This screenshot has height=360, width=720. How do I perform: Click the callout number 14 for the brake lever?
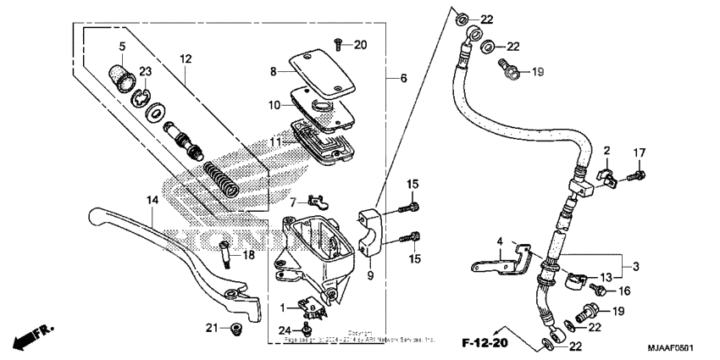[x=152, y=201]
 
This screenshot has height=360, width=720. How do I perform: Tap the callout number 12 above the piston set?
[x=186, y=59]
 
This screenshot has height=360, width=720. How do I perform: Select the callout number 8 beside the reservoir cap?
[x=273, y=73]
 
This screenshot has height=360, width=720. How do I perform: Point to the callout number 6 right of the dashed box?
[x=403, y=78]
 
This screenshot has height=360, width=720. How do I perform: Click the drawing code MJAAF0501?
[x=682, y=346]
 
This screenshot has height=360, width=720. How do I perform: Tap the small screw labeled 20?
[x=338, y=42]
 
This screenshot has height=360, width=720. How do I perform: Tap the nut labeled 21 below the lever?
[x=236, y=328]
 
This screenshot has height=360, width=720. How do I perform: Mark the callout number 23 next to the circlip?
[x=146, y=71]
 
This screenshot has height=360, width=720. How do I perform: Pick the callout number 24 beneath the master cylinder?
[x=285, y=330]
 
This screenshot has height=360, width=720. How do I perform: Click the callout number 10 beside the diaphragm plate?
[x=274, y=105]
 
